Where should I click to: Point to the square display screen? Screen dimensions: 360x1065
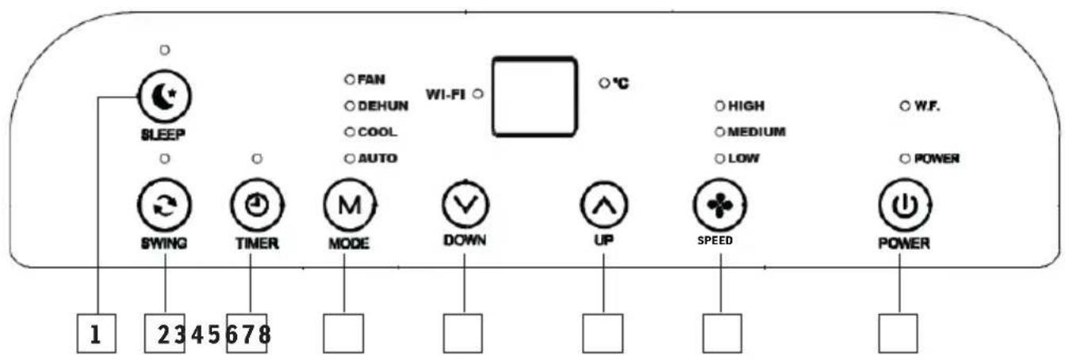(533, 96)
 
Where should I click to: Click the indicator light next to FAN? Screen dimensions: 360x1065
(348, 80)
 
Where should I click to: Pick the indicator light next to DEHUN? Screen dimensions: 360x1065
(348, 105)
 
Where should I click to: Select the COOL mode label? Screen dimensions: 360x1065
(377, 132)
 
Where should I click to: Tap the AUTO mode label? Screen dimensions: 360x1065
(377, 159)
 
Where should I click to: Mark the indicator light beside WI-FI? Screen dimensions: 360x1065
(478, 94)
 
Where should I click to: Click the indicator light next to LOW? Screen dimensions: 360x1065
(720, 159)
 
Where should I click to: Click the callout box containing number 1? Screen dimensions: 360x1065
(96, 333)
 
